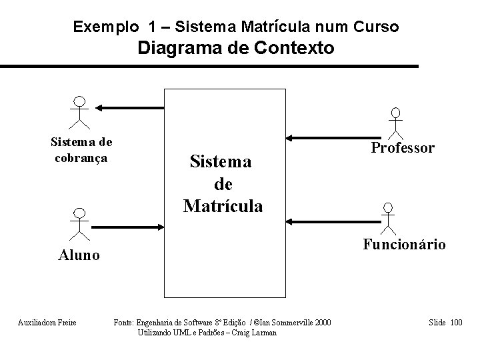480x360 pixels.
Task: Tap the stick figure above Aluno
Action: tap(79, 223)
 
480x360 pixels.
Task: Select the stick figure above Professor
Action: tap(396, 122)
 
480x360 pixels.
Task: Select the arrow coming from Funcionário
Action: tap(326, 221)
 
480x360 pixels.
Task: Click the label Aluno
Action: tap(79, 254)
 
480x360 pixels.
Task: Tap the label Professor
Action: tap(403, 148)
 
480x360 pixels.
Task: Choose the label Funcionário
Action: tap(404, 245)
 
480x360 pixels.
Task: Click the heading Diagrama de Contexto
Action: tap(236, 48)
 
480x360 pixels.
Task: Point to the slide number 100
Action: tap(456, 323)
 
